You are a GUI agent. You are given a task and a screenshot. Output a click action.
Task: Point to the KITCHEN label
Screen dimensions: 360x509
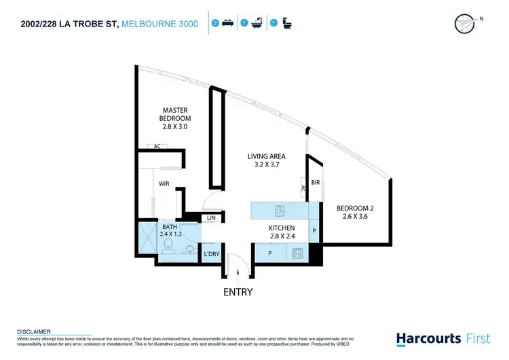tap(281, 228)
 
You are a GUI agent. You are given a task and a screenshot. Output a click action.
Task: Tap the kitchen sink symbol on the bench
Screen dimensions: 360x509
tap(278, 209)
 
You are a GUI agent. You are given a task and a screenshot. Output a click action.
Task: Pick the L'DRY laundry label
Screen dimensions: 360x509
tap(212, 254)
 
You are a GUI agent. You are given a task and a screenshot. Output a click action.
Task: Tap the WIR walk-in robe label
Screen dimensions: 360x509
tap(164, 183)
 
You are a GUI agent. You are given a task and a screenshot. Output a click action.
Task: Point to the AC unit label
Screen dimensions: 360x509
tap(157, 146)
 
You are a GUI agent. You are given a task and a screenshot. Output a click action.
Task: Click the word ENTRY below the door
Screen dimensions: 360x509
tap(238, 292)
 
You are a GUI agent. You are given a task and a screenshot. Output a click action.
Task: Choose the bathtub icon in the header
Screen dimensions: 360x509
tap(257, 23)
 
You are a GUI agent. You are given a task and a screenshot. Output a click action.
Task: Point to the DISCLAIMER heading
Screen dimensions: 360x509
tap(33, 332)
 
